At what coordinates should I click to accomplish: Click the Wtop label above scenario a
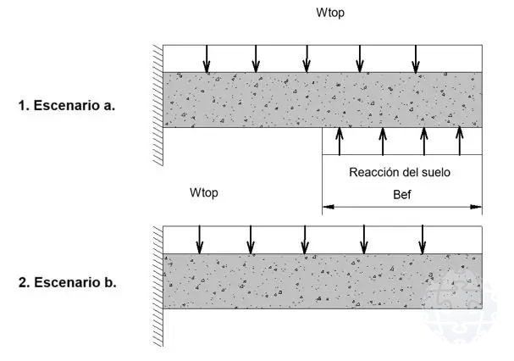coord(331,14)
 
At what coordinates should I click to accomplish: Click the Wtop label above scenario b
coord(204,192)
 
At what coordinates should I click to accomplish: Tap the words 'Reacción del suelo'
coord(400,173)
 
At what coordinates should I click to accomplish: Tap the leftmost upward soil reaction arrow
coord(340,142)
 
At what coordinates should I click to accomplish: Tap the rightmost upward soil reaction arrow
coord(460,142)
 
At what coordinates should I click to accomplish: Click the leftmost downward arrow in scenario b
coord(200,239)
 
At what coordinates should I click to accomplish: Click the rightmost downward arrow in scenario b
coord(423,239)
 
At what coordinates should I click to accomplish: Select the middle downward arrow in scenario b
coord(307,239)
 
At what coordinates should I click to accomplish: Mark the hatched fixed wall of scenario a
coord(156,102)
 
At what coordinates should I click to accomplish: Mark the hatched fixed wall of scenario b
coord(156,284)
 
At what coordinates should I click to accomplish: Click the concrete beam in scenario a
coord(322,100)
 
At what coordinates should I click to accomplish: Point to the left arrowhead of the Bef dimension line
coord(326,206)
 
